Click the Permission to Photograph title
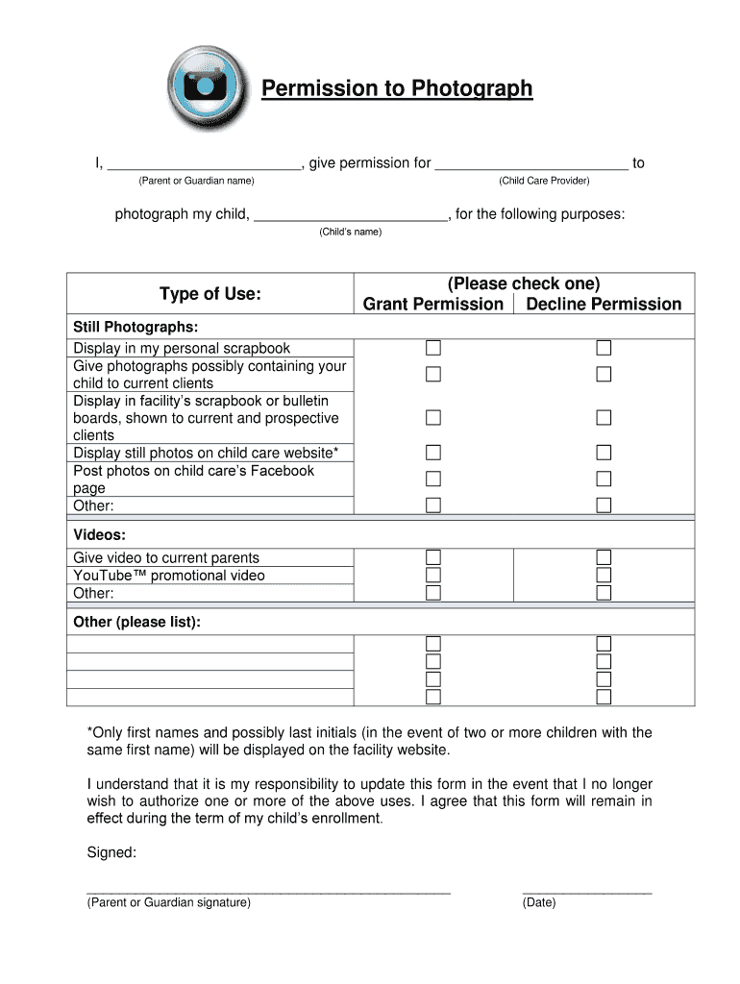coord(397,89)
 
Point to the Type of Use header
coord(210,293)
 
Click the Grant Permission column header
coord(432,305)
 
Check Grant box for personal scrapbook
coord(433,348)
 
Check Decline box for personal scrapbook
coord(604,348)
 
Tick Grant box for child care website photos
coord(433,453)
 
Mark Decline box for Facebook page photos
coord(604,479)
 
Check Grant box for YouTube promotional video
coord(433,575)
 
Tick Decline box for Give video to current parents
coord(604,557)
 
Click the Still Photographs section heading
coord(136,327)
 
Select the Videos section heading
coord(100,534)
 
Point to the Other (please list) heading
coord(137,622)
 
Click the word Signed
coord(111,852)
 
